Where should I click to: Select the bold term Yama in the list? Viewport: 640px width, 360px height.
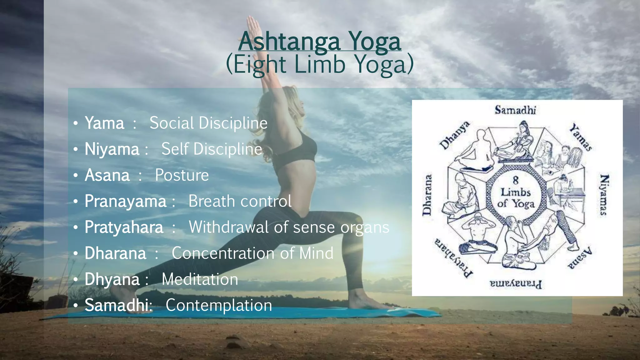pos(104,123)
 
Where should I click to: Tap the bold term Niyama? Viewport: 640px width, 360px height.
pos(112,149)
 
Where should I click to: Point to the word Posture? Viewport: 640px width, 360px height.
pos(182,175)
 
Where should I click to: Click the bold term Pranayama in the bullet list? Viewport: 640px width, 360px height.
pos(125,201)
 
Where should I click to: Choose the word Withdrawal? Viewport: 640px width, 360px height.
pos(228,227)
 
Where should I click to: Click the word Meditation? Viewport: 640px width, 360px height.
pos(200,279)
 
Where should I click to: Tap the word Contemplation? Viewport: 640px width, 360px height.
pos(219,305)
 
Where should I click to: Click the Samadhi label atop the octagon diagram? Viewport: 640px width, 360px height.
pos(515,110)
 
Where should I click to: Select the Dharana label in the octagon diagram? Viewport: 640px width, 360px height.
pos(427,195)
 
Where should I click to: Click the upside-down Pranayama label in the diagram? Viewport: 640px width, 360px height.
pos(516,284)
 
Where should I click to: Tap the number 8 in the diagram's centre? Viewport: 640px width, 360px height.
pos(516,180)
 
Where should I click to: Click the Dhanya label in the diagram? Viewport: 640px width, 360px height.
pos(455,135)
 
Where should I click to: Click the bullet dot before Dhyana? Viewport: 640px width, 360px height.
pos(76,279)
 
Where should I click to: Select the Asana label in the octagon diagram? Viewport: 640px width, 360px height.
pos(580,258)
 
